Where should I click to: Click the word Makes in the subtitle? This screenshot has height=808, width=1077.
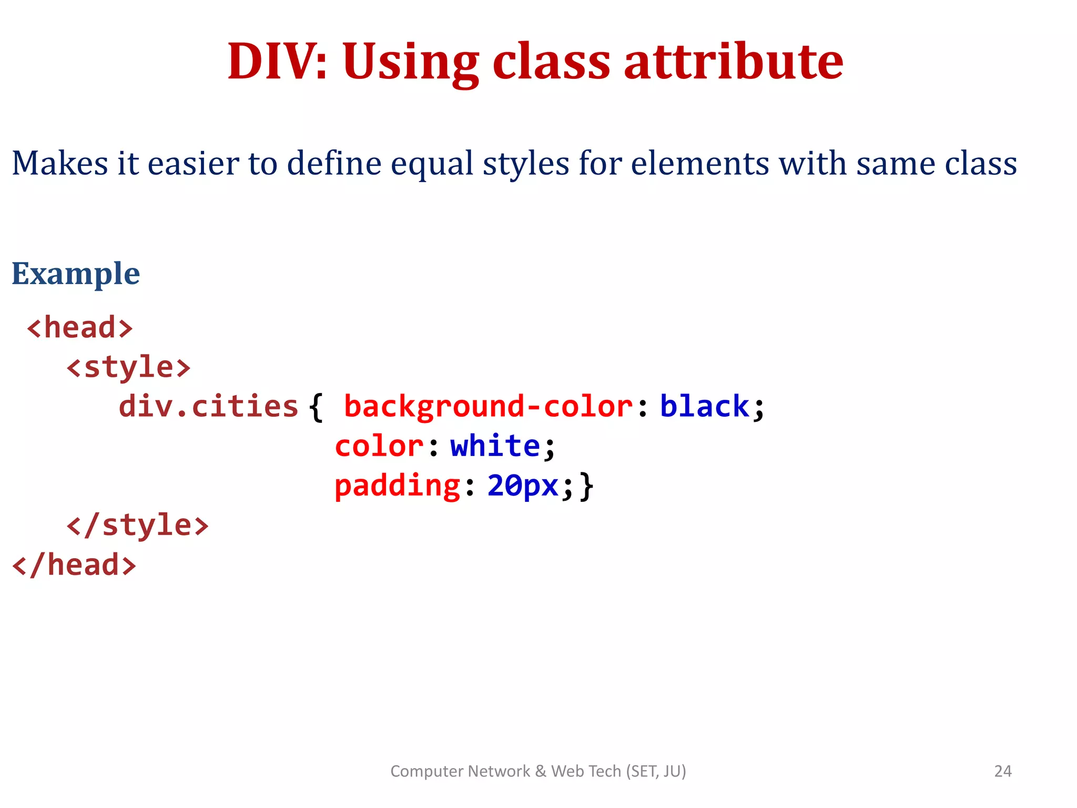(x=59, y=163)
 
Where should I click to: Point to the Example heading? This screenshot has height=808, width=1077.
(x=76, y=274)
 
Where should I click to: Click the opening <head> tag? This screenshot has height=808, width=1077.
(x=80, y=328)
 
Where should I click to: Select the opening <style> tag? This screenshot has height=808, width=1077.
(x=128, y=367)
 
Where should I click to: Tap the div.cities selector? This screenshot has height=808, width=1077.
(x=208, y=407)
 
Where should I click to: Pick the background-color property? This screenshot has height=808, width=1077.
(x=488, y=407)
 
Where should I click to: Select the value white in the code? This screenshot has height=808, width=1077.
(x=495, y=446)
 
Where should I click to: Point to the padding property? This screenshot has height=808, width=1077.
(x=398, y=486)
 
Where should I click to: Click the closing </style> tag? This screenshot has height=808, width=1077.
(x=138, y=525)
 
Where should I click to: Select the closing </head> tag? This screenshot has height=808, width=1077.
(x=74, y=565)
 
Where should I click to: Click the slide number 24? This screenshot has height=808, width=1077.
(x=1002, y=771)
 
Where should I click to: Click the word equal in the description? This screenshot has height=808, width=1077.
(x=432, y=163)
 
